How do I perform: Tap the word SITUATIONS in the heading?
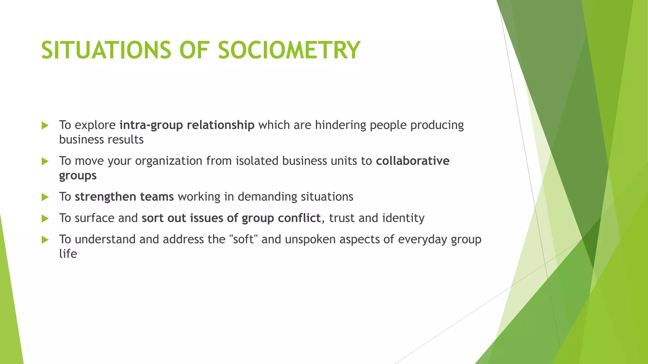[x=106, y=50]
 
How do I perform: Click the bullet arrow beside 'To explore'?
[x=45, y=126]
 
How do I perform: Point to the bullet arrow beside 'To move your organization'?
[x=45, y=161]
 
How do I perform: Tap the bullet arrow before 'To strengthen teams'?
[x=45, y=197]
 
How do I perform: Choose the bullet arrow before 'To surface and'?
[x=45, y=219]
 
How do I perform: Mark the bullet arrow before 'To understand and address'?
[x=45, y=240]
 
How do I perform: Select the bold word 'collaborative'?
[x=413, y=161]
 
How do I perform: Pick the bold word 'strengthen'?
[x=105, y=197]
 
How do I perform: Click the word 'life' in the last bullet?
[x=68, y=254]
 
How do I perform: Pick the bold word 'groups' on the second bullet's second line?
[x=78, y=176]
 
